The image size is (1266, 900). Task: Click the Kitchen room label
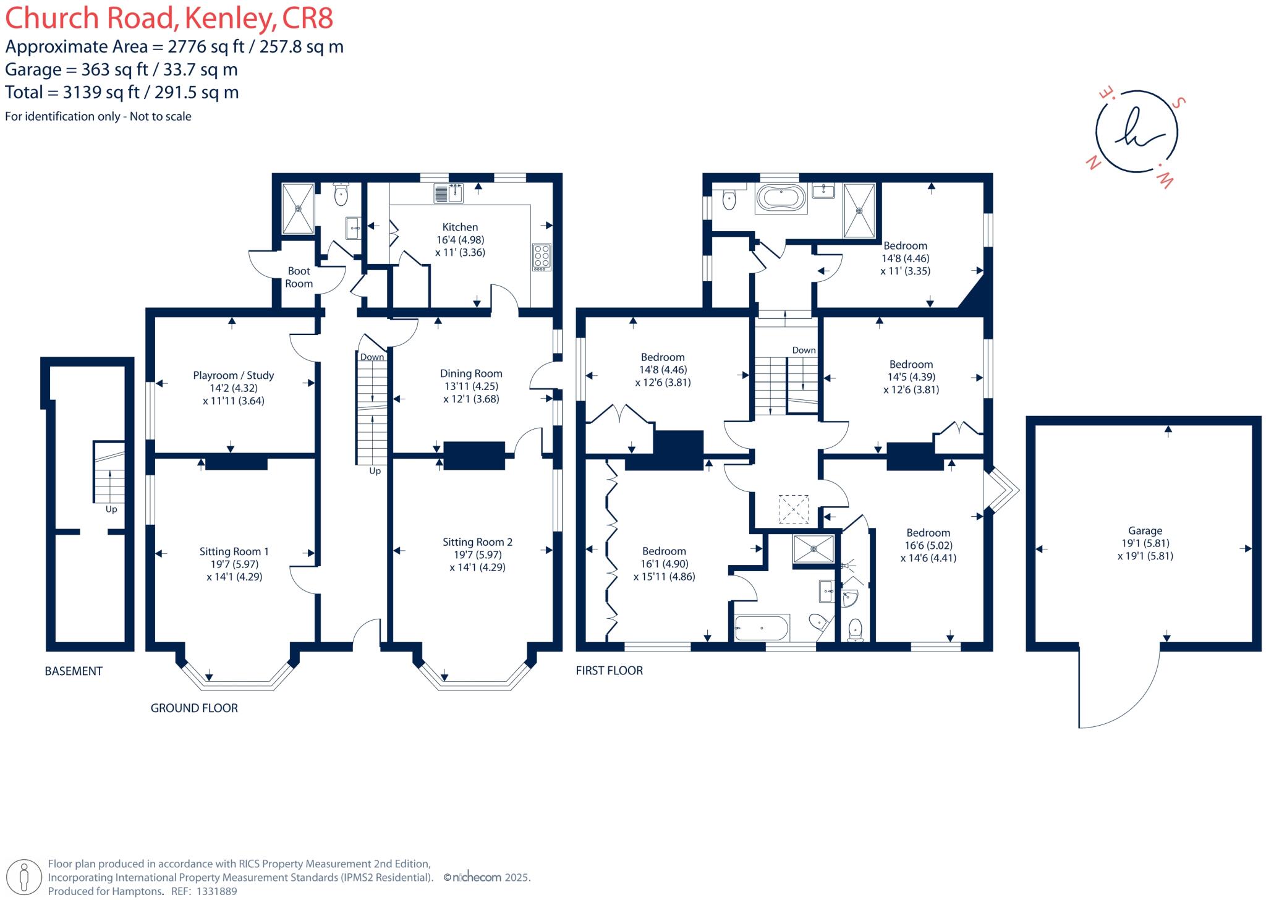(x=460, y=227)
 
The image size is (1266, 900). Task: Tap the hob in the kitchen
(x=542, y=257)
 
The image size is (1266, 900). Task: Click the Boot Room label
(x=299, y=278)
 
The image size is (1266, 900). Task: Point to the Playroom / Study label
(x=233, y=375)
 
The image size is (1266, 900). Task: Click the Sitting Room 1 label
(x=234, y=551)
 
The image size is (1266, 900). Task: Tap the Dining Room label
(x=471, y=373)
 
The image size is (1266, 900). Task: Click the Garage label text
(x=1145, y=530)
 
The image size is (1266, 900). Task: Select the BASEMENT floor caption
(x=74, y=671)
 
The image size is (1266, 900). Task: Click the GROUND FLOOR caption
(x=194, y=708)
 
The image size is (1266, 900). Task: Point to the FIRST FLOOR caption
(x=610, y=670)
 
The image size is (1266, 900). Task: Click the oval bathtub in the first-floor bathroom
(x=781, y=198)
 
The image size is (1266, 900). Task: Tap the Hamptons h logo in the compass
(x=1136, y=132)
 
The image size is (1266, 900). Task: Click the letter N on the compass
(x=1093, y=163)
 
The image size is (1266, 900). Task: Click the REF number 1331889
(x=216, y=891)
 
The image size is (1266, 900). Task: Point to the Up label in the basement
(x=111, y=509)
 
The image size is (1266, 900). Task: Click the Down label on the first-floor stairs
(x=804, y=350)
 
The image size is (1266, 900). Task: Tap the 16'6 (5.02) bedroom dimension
(x=928, y=545)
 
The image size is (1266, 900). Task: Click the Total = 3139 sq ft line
(x=122, y=92)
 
